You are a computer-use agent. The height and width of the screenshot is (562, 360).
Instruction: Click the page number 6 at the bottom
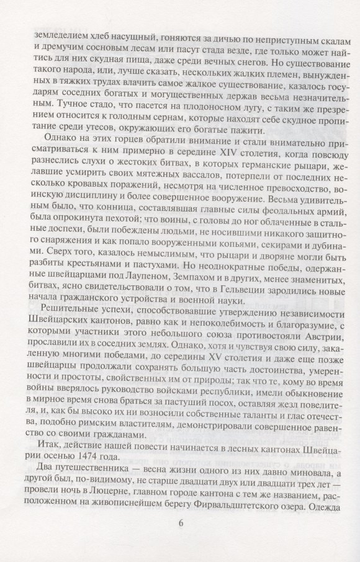(x=181, y=522)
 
